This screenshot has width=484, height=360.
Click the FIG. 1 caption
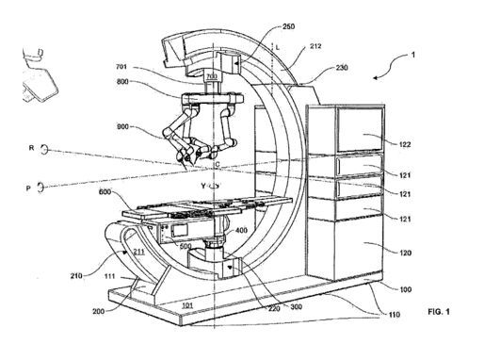pos(439,312)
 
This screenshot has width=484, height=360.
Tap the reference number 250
pos(288,26)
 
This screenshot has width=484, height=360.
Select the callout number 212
pos(315,46)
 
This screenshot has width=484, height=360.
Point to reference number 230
pos(342,68)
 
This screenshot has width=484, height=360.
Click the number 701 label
pos(121,67)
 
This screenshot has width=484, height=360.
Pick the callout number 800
pos(122,82)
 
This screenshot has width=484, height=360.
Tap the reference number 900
pos(122,127)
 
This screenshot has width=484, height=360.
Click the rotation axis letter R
pos(31,148)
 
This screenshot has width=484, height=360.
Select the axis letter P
pos(28,188)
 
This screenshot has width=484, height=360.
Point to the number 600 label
pos(105,191)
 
